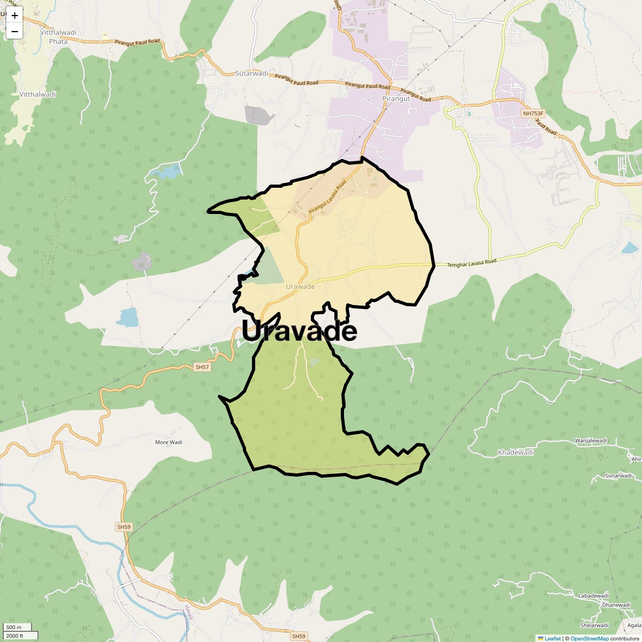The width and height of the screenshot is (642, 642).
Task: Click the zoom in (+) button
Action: click(x=14, y=16)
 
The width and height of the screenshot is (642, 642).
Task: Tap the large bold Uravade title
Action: click(x=300, y=331)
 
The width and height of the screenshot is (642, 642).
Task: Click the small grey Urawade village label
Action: click(x=300, y=287)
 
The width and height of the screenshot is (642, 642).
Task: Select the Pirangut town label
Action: click(x=396, y=99)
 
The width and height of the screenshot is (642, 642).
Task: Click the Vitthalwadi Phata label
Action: click(x=58, y=36)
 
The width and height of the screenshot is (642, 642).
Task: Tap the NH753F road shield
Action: click(x=533, y=113)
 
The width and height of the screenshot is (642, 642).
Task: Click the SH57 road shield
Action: click(x=203, y=367)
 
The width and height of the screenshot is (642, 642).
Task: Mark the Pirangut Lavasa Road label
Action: click(x=327, y=198)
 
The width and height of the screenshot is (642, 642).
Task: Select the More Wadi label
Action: click(x=169, y=442)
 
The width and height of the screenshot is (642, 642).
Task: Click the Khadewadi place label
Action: click(x=516, y=453)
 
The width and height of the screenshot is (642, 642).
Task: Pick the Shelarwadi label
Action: click(x=594, y=625)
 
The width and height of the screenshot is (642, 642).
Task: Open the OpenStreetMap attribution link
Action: click(x=590, y=638)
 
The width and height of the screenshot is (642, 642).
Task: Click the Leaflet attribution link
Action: click(x=553, y=638)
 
